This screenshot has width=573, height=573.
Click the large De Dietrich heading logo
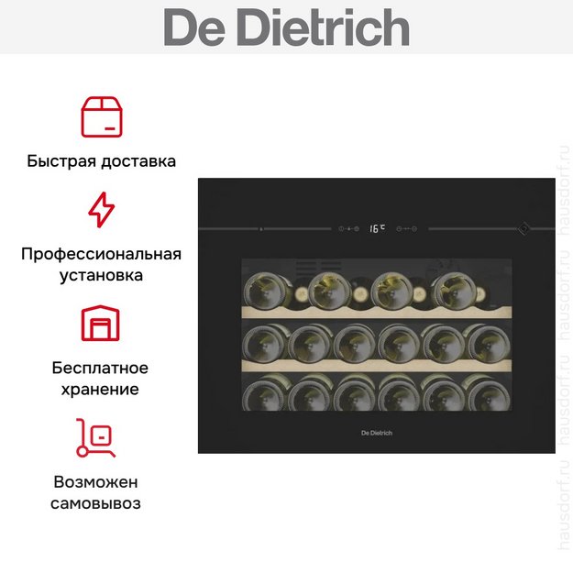click(286, 28)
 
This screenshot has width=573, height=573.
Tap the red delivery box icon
click(102, 117)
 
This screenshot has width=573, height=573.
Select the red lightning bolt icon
click(102, 209)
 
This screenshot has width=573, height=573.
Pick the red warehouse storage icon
click(101, 323)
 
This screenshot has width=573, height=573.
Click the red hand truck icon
click(95, 437)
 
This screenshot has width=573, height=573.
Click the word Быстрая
click(61, 161)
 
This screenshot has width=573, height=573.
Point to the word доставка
click(138, 161)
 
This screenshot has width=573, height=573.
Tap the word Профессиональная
click(101, 254)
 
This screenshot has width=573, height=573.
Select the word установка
click(101, 276)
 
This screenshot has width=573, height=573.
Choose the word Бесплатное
click(100, 368)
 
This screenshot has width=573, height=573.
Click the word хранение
click(100, 390)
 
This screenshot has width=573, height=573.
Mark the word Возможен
click(95, 482)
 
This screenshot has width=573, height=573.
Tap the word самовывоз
click(95, 503)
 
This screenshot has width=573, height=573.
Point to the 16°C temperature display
click(377, 228)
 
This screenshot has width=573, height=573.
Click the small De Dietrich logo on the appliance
click(377, 433)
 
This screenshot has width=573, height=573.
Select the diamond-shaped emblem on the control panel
click(523, 229)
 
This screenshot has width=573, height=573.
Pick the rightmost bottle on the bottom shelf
click(489, 393)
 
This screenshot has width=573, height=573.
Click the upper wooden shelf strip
click(377, 312)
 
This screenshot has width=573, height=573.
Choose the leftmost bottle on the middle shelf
click(265, 344)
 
